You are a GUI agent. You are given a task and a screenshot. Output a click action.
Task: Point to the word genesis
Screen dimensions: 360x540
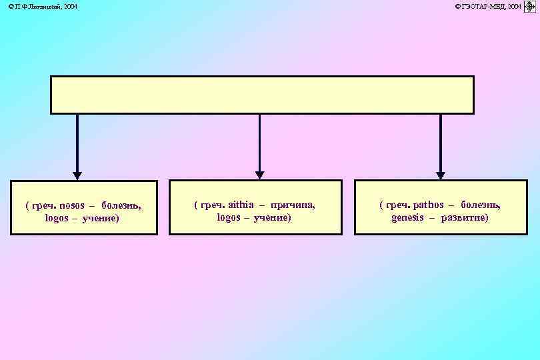click(x=407, y=218)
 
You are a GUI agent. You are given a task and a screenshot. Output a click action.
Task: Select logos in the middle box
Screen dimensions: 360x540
click(x=229, y=218)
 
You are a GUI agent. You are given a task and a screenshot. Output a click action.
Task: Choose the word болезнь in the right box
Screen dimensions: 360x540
click(x=480, y=205)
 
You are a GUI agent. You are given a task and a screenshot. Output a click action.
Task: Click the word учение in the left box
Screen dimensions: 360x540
click(x=100, y=219)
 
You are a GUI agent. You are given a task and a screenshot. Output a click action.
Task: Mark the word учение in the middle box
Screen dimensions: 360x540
click(x=272, y=218)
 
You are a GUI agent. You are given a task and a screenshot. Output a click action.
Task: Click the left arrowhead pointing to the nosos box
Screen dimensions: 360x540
click(x=77, y=175)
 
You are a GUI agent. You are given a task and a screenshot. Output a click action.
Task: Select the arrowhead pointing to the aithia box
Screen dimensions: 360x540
click(x=259, y=175)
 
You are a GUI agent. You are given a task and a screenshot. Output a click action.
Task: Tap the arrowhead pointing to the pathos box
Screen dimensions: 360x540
click(x=440, y=175)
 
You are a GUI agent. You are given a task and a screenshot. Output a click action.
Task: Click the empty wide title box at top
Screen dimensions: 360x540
click(x=262, y=95)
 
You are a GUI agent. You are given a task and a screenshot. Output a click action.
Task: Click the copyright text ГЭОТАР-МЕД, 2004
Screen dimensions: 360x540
click(x=488, y=6)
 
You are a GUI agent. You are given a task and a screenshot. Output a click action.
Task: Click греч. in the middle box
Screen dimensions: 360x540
click(x=209, y=205)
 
